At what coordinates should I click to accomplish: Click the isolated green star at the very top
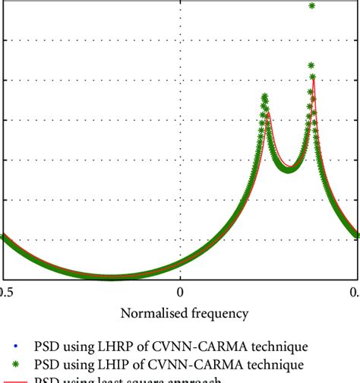click(312, 6)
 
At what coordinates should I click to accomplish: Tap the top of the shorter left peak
click(264, 97)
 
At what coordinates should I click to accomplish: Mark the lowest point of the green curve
click(114, 277)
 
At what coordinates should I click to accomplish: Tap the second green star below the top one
click(312, 66)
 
